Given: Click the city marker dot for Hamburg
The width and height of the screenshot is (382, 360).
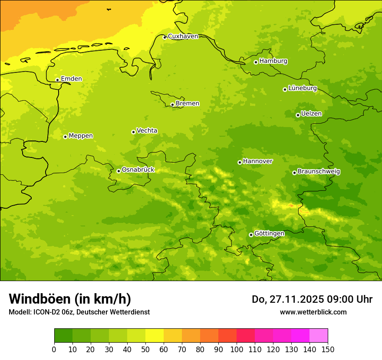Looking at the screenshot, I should (x=256, y=62).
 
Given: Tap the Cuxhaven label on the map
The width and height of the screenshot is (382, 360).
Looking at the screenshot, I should (x=183, y=36).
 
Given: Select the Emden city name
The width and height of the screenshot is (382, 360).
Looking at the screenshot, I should (x=71, y=79).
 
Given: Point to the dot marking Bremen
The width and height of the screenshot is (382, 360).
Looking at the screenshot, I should (x=172, y=105).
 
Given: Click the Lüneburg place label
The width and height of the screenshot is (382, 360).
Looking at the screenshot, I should (x=303, y=88).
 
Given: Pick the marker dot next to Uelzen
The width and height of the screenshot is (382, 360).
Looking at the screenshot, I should (x=298, y=115).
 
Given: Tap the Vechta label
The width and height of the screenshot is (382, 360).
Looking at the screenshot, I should (x=147, y=131).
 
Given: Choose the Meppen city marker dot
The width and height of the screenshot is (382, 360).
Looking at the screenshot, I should (x=65, y=137).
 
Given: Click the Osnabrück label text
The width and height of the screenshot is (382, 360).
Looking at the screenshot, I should (x=138, y=170).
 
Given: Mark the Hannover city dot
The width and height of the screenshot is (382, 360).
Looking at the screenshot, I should (x=240, y=162).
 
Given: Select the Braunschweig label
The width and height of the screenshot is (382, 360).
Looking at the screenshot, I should (x=319, y=172).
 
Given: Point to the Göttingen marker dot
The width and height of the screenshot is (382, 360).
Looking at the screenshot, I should (x=251, y=235).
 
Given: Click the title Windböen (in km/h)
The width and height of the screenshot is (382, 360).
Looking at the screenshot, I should (x=70, y=299).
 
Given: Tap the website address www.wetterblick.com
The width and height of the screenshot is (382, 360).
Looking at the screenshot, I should (x=313, y=312).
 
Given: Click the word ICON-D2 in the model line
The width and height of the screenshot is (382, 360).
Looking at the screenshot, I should (x=46, y=312).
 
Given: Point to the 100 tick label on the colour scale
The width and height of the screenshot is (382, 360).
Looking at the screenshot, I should (x=237, y=349).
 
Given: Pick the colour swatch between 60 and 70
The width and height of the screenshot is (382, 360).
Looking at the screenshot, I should (x=173, y=336).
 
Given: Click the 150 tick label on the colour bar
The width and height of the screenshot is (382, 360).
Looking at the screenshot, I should (x=328, y=349).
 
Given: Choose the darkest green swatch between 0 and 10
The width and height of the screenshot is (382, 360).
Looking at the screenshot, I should (x=63, y=336).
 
